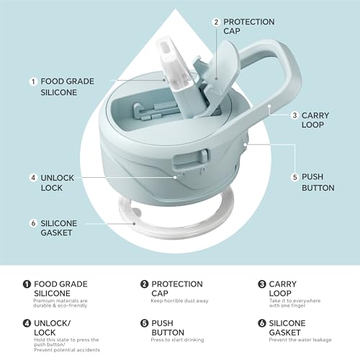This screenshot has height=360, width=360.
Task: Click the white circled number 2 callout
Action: tap(216, 22)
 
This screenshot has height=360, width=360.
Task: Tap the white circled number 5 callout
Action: tap(294, 177)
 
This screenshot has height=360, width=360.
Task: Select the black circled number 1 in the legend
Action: tap(27, 284)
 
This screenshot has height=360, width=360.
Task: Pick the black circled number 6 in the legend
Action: tap(262, 323)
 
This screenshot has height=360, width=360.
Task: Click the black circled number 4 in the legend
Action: tap(27, 323)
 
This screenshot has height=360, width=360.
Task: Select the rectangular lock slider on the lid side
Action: tap(191, 159)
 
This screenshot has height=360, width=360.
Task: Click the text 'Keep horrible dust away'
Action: tap(179, 301)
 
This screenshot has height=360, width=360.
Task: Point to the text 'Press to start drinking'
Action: tap(177, 340)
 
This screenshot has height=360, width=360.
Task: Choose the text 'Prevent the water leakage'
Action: tap(300, 340)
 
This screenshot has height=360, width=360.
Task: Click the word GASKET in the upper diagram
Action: tap(56, 233)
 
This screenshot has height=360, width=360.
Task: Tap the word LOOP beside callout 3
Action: tap(312, 125)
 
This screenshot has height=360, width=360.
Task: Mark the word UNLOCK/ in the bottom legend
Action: tap(53, 323)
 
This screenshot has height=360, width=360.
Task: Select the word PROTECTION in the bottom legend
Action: tap(177, 284)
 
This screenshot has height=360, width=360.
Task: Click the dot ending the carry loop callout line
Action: tap(269, 106)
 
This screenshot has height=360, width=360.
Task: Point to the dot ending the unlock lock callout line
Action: tap(175, 177)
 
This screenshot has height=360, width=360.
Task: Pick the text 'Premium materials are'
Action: tap(60, 301)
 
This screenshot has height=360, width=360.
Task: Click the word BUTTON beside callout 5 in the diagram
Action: tap(318, 188)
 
